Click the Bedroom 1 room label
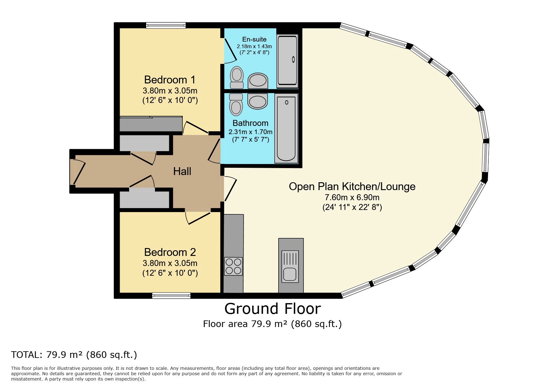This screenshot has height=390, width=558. click(x=170, y=80)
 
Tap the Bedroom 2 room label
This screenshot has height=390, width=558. click(x=170, y=252)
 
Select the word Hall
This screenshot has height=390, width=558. click(x=182, y=172)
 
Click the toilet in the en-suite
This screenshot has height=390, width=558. click(x=237, y=77)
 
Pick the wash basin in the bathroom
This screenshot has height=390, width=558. click(x=257, y=101)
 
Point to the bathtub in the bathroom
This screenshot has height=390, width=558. click(x=286, y=128)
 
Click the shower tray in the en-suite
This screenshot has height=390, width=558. click(x=287, y=61)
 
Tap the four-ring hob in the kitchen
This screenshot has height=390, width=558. click(x=233, y=266)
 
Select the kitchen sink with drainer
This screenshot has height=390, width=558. click(x=290, y=266)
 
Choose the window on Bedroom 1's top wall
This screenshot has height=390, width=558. click(x=166, y=25)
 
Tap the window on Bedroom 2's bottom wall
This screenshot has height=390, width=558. click(x=171, y=295)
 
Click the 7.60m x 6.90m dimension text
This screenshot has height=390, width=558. click(x=352, y=198)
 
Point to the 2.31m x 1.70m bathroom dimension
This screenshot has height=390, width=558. click(x=250, y=132)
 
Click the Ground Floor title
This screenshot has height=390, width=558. click(x=273, y=308)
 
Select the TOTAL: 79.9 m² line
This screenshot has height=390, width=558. click(x=74, y=355)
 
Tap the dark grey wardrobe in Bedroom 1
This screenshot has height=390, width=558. click(x=151, y=124)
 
